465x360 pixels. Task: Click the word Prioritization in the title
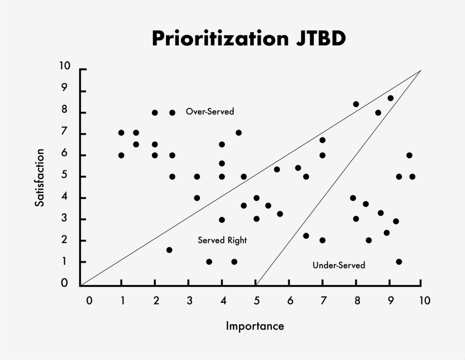point(216,39)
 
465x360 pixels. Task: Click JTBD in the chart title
point(317,39)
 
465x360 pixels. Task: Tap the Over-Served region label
point(210,111)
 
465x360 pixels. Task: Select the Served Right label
point(222,240)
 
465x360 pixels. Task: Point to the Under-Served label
point(339,265)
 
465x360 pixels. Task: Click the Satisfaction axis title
point(40,177)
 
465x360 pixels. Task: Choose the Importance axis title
point(255,326)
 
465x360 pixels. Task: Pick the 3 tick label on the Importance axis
point(189,300)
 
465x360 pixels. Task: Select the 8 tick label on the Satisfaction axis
point(64,110)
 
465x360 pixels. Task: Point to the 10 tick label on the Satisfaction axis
point(64,66)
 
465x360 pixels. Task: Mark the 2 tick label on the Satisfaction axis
point(64,240)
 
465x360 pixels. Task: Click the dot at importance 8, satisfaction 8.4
point(356,104)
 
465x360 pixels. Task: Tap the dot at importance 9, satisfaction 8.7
point(391,98)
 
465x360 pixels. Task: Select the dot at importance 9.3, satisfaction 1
point(399,262)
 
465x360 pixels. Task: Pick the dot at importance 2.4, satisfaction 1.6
point(169,250)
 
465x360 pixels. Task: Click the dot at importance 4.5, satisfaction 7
point(238,133)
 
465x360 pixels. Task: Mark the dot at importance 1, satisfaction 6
point(121,155)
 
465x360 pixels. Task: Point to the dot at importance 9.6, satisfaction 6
point(409,155)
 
